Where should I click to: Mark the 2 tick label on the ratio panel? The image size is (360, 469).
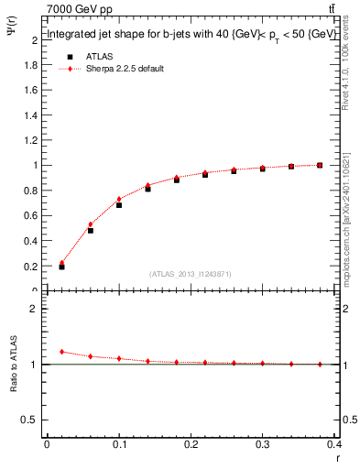click(x=35, y=309)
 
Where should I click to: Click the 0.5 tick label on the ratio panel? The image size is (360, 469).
click(x=30, y=420)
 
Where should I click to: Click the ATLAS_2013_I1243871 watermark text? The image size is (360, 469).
click(x=191, y=273)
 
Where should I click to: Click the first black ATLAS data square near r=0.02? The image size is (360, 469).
click(x=61, y=267)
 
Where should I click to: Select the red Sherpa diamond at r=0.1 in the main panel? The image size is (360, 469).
click(x=119, y=199)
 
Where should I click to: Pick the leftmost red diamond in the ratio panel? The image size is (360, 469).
click(x=61, y=351)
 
